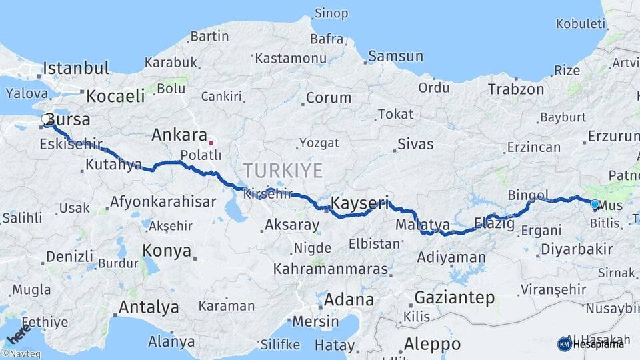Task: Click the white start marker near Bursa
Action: [x=46, y=119]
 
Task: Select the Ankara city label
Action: [x=179, y=135]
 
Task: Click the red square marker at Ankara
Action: [x=211, y=142]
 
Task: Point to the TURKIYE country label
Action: [x=283, y=169]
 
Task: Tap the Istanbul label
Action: [x=77, y=68]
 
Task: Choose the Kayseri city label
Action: [x=360, y=203]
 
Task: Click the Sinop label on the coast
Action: [x=331, y=13]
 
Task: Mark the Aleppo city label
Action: [x=432, y=344]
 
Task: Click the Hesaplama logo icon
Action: [x=564, y=344]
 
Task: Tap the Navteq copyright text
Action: [x=21, y=354]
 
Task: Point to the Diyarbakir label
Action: [x=568, y=249]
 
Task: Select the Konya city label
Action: [x=167, y=251]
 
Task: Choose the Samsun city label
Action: [x=396, y=56]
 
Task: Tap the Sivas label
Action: [x=415, y=144]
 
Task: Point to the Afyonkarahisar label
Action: [x=163, y=201]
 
